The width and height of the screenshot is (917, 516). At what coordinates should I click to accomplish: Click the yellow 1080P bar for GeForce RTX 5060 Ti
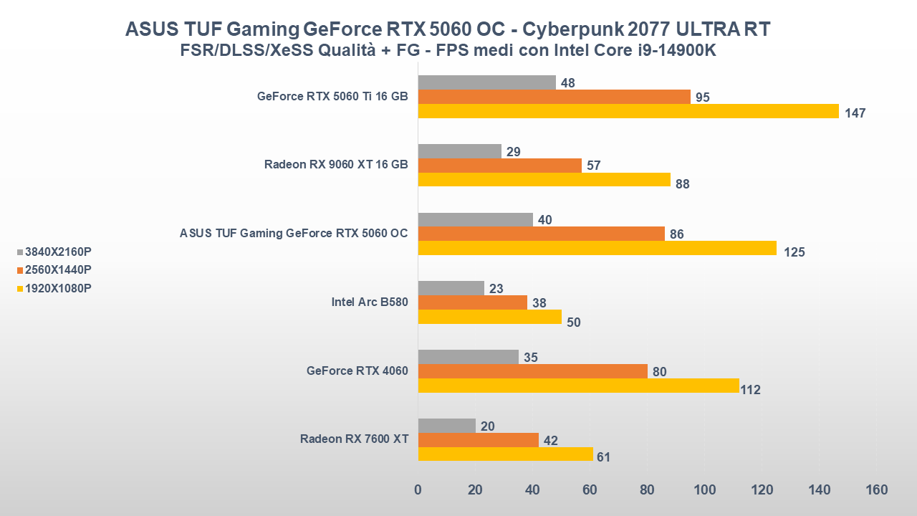pyautogui.click(x=628, y=111)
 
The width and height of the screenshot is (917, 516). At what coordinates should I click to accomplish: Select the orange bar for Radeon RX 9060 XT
pyautogui.click(x=499, y=166)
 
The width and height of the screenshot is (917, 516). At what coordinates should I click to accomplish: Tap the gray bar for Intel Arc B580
pyautogui.click(x=451, y=288)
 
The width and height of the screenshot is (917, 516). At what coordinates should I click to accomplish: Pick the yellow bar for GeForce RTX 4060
pyautogui.click(x=578, y=386)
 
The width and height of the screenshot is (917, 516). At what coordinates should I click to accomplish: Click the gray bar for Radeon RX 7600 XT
pyautogui.click(x=446, y=426)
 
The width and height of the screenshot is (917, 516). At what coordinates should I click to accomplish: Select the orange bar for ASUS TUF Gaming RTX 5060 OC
pyautogui.click(x=541, y=234)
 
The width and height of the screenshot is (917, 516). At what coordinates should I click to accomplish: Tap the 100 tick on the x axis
pyautogui.click(x=704, y=490)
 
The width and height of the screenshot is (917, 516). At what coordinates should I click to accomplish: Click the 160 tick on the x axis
pyautogui.click(x=876, y=490)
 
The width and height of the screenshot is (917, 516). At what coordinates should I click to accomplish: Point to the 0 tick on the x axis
pyautogui.click(x=418, y=490)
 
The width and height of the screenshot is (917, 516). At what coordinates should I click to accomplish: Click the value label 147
pyautogui.click(x=855, y=113)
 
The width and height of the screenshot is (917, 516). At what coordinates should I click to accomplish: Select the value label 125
pyautogui.click(x=794, y=252)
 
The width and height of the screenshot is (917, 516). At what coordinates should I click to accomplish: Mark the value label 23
pyautogui.click(x=495, y=289)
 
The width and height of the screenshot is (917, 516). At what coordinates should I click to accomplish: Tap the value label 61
pyautogui.click(x=603, y=457)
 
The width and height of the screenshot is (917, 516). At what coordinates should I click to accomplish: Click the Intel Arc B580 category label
pyautogui.click(x=370, y=302)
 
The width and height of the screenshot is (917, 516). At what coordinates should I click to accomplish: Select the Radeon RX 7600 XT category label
pyautogui.click(x=354, y=439)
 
